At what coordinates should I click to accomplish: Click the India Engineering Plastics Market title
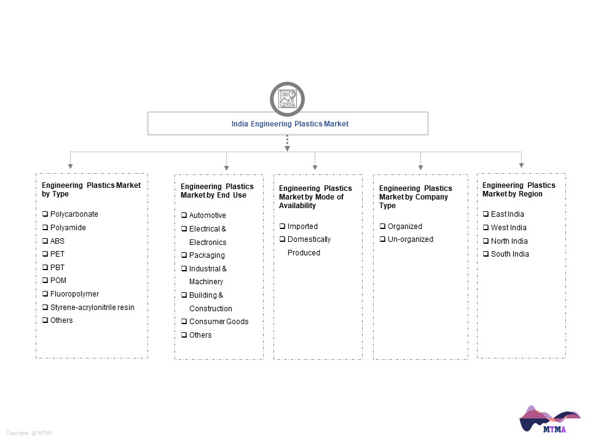pyautogui.click(x=289, y=124)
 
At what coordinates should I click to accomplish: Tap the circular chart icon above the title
pyautogui.click(x=287, y=99)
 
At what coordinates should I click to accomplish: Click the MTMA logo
pyautogui.click(x=549, y=419)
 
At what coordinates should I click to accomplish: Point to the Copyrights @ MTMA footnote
pyautogui.click(x=29, y=433)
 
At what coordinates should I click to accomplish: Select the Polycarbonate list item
pyautogui.click(x=74, y=214)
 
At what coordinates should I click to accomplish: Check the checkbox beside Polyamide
pyautogui.click(x=45, y=227)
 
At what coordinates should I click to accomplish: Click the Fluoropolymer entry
pyautogui.click(x=74, y=294)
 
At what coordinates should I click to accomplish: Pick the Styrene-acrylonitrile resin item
pyautogui.click(x=92, y=308)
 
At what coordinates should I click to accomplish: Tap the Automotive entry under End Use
pyautogui.click(x=207, y=215)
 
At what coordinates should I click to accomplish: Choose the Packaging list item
pyautogui.click(x=207, y=255)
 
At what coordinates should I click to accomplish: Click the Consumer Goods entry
pyautogui.click(x=219, y=322)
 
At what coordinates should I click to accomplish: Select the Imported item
pyautogui.click(x=302, y=227)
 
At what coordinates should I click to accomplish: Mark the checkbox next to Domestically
pyautogui.click(x=282, y=239)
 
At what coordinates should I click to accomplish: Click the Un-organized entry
pyautogui.click(x=411, y=239)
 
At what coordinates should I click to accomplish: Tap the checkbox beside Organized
pyautogui.click(x=382, y=227)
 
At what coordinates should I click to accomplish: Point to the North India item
pyautogui.click(x=509, y=241)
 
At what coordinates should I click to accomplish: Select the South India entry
pyautogui.click(x=510, y=254)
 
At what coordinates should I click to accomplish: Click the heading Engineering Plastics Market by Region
pyautogui.click(x=519, y=190)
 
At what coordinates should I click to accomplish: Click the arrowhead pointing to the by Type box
pyautogui.click(x=70, y=166)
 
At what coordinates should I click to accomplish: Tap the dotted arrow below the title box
pyautogui.click(x=287, y=143)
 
